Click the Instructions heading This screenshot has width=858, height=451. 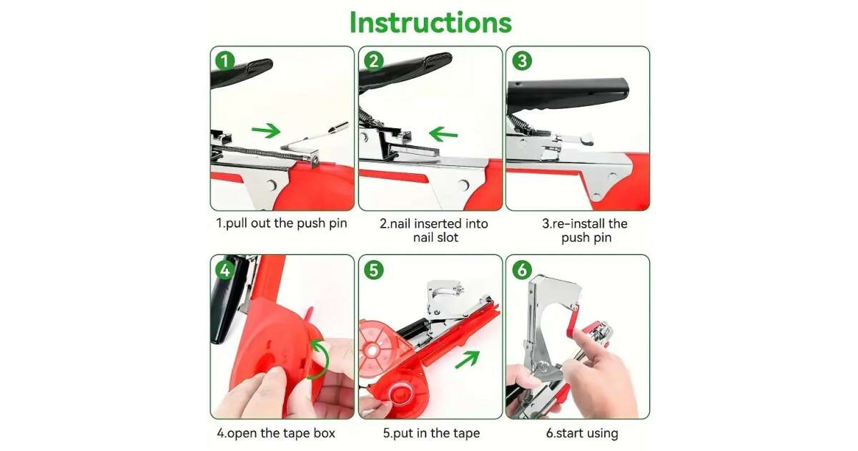click(430, 22)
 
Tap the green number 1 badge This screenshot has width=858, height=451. click(225, 61)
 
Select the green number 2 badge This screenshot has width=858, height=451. click(373, 61)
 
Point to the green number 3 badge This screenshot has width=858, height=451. click(522, 61)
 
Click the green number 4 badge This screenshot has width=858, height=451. click(225, 270)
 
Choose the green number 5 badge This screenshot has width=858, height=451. click(373, 270)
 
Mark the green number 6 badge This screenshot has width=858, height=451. click(522, 270)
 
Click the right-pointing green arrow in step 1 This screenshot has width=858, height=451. click(266, 130)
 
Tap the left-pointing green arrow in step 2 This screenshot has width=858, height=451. click(443, 135)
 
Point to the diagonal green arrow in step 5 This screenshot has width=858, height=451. click(468, 359)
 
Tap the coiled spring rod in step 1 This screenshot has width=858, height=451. click(260, 153)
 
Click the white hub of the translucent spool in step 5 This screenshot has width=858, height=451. click(372, 350)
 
